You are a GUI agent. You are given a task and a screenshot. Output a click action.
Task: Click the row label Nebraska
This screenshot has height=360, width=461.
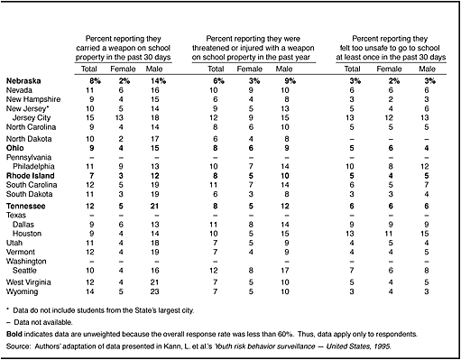(23, 81)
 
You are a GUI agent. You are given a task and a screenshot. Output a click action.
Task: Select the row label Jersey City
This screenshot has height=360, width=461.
(32, 118)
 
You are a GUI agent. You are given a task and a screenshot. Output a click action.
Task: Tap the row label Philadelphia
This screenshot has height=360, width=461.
(33, 166)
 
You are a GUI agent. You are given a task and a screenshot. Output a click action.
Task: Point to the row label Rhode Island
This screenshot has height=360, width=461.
(31, 176)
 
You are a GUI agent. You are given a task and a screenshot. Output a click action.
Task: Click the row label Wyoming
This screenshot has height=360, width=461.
(23, 291)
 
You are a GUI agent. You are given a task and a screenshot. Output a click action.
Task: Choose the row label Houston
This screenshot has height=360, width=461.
(27, 234)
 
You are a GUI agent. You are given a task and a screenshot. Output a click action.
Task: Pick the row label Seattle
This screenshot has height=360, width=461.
(24, 271)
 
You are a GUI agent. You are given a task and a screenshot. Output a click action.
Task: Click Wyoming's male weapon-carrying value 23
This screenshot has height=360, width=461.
(155, 291)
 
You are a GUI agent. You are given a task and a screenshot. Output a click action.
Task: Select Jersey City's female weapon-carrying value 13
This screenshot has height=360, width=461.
(120, 118)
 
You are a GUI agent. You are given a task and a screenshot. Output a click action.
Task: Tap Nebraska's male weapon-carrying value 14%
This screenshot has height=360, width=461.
(158, 81)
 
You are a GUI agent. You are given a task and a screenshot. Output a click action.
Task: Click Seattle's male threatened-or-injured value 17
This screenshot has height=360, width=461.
(285, 271)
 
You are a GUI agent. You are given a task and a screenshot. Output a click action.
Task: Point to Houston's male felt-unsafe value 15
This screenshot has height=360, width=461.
(425, 234)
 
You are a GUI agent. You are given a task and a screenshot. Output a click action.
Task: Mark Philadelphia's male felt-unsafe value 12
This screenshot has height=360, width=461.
(425, 166)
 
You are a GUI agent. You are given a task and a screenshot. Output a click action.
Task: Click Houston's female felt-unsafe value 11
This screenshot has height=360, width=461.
(389, 234)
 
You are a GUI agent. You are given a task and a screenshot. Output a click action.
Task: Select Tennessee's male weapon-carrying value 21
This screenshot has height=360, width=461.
(155, 206)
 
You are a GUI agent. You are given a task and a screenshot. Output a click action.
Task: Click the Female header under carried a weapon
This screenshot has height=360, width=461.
(123, 69)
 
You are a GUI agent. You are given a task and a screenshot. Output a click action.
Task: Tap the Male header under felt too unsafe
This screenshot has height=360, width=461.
(427, 69)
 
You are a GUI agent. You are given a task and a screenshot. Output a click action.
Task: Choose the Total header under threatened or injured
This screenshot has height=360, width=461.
(216, 69)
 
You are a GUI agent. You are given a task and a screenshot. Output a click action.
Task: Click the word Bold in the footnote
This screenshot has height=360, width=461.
(14, 334)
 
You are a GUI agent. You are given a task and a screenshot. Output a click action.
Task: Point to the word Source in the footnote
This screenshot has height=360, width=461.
(18, 346)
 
